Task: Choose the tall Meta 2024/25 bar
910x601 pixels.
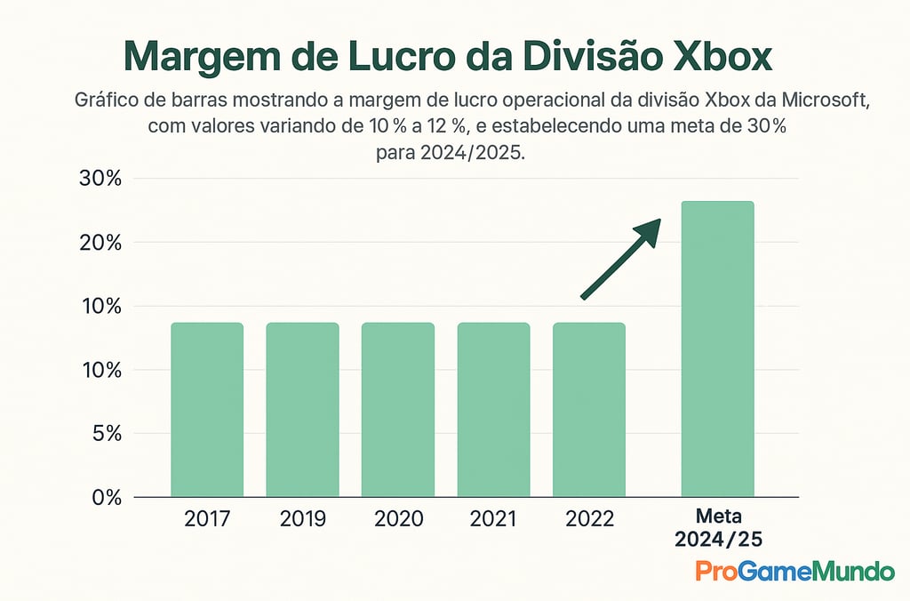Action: point(717,349)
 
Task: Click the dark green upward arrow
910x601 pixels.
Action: point(622,258)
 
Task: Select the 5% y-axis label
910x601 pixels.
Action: point(105,434)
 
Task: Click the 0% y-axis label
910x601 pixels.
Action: point(105,498)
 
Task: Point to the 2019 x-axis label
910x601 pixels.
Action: point(302,519)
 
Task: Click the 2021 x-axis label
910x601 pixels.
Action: point(493,519)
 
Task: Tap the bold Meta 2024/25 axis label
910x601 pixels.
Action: point(717,528)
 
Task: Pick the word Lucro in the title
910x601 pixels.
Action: point(414,58)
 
